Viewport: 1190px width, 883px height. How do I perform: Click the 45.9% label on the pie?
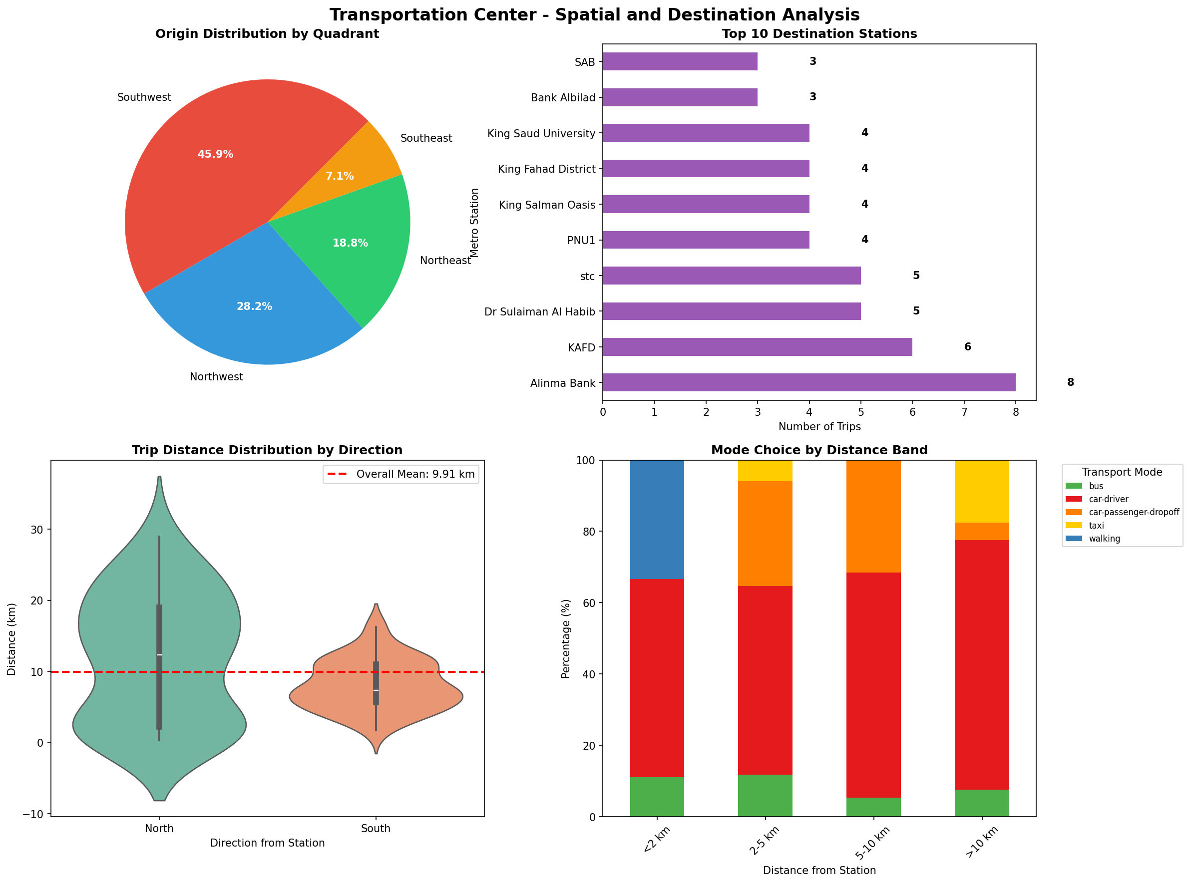pos(215,154)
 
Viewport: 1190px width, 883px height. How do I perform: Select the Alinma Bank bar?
pos(808,382)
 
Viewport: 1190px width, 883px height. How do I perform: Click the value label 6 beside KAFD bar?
pos(967,347)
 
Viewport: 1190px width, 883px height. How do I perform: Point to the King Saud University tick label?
pos(541,134)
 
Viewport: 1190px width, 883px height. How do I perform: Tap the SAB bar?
pos(680,61)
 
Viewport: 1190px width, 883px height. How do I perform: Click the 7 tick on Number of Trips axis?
pos(964,412)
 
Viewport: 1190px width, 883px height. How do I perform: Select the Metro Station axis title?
pos(474,222)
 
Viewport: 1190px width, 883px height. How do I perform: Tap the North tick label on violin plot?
pos(159,829)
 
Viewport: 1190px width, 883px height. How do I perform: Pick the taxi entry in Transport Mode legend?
pos(1096,526)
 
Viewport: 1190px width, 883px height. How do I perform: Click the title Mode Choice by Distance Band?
pos(819,450)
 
